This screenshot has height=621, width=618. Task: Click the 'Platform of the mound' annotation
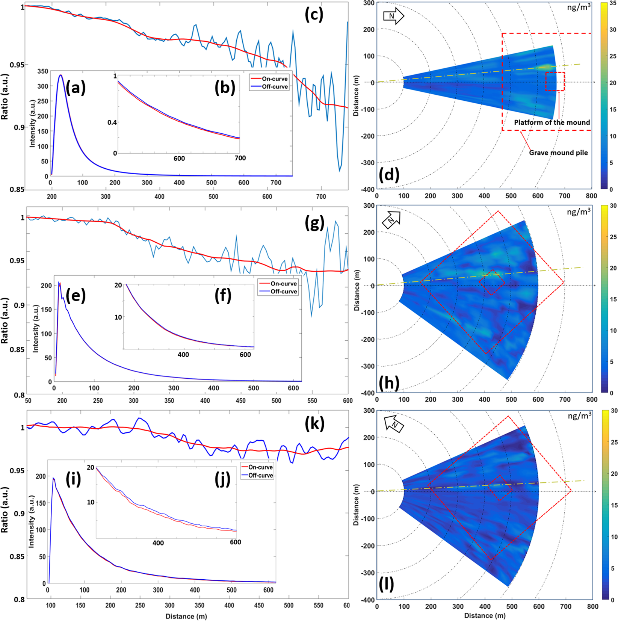pos(552,122)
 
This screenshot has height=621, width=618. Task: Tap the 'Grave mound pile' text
pos(558,153)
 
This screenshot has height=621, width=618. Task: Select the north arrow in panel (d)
pos(393,16)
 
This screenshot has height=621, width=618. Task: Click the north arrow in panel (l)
pos(394,425)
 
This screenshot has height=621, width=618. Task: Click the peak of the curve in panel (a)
pos(60,75)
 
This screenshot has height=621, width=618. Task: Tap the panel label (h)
pos(389,382)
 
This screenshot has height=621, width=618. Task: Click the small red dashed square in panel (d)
pos(555,82)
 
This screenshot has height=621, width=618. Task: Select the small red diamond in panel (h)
pos(491,282)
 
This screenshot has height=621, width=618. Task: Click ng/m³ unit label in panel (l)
pos(579,415)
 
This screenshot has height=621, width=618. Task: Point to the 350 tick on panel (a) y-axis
pos(43,71)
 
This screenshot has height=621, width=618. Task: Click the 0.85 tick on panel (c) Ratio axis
pos(17,190)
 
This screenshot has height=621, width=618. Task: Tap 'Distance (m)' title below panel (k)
pos(186,616)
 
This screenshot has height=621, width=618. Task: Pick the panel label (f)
pos(223,296)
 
